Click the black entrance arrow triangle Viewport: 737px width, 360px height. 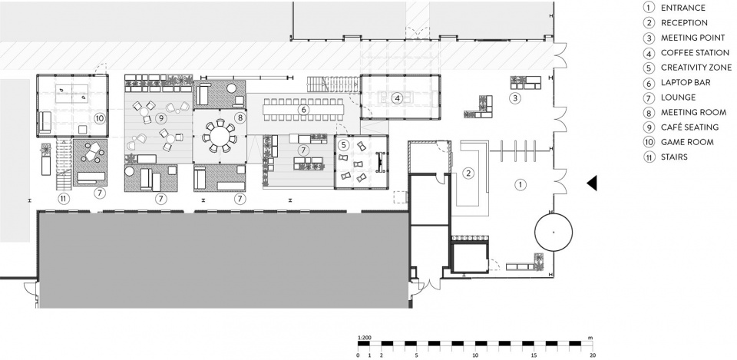(x=592, y=183)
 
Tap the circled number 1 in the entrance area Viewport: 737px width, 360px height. (x=520, y=185)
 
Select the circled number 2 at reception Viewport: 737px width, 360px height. (x=468, y=173)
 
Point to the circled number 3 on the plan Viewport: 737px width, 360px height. (x=516, y=98)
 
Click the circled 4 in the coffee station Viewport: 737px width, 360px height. (x=398, y=98)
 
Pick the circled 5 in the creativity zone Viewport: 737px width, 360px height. (x=343, y=145)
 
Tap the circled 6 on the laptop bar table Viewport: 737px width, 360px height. (x=304, y=110)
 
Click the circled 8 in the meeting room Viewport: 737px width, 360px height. (x=240, y=117)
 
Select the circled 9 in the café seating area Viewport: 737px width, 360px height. (x=160, y=117)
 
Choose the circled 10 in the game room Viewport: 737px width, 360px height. (x=99, y=117)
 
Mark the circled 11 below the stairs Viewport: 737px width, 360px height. (x=64, y=199)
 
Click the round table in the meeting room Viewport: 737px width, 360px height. (x=220, y=137)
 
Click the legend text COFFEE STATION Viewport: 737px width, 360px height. (x=695, y=53)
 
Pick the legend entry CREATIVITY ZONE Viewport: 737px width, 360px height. (x=696, y=68)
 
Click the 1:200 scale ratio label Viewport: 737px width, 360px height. (x=363, y=338)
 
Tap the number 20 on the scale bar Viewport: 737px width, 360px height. (x=593, y=355)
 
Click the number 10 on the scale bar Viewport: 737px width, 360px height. (x=475, y=355)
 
